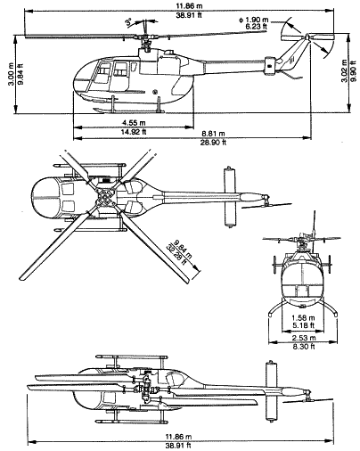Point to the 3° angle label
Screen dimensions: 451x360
pos(130,20)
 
